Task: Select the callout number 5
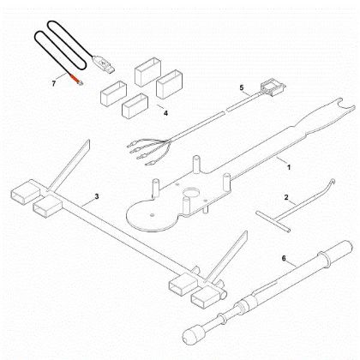point(242,87)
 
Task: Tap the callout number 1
point(289,160)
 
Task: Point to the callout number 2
point(286,198)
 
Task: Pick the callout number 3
point(97,198)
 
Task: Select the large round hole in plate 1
point(191,190)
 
